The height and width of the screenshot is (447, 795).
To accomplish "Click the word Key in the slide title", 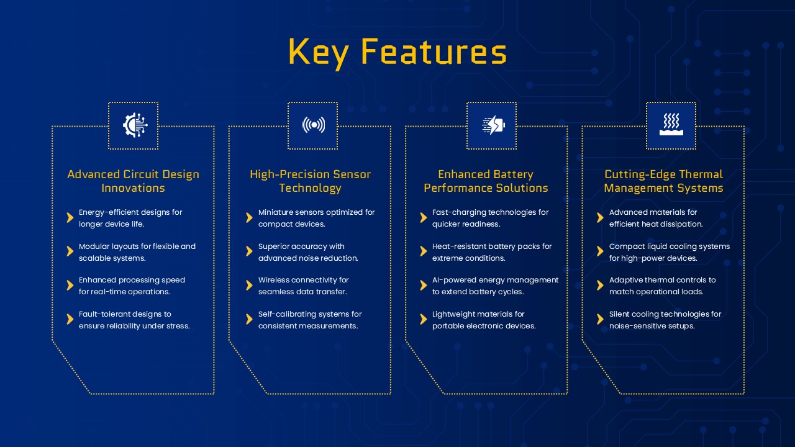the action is point(318,53).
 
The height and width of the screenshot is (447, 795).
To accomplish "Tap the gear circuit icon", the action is point(135,125).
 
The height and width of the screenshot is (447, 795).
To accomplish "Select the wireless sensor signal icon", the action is point(314,125).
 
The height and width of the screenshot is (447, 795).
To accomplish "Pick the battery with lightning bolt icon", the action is point(493,125).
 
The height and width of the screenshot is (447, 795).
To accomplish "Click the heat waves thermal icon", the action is point(671,124).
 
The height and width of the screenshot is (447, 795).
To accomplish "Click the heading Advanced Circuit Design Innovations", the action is point(133,181).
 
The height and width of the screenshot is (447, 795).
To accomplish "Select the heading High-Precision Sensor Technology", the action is point(310,181).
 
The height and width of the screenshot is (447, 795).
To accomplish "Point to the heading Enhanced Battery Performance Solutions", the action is point(486,181).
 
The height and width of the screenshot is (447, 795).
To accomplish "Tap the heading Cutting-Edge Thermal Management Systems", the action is point(664,181).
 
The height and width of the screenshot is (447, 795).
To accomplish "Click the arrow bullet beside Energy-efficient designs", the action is point(70,217).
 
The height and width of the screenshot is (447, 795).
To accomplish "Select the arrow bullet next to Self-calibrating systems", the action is point(249,319).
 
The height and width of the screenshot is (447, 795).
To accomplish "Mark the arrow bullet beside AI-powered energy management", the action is point(423,285).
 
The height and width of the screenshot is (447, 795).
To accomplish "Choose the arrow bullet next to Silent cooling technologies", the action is point(600,319).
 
